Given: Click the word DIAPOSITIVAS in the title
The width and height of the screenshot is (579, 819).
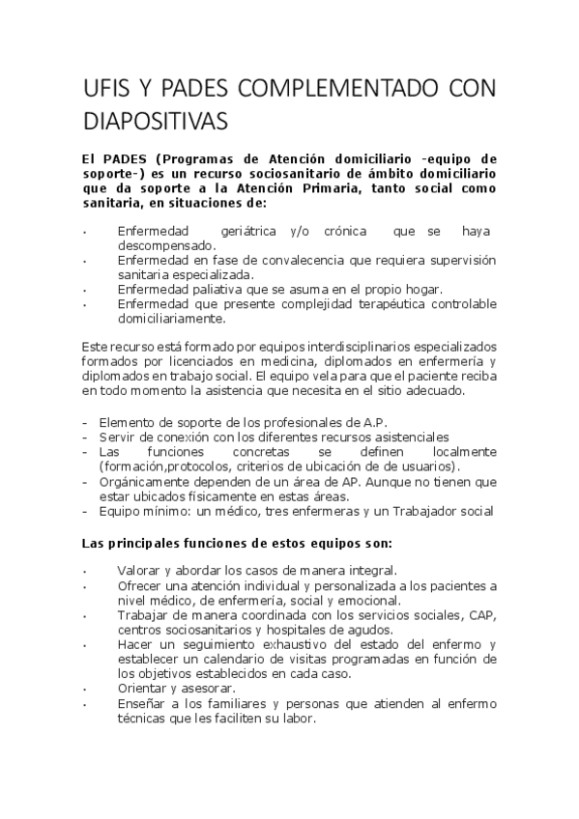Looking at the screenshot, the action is point(157,122).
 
